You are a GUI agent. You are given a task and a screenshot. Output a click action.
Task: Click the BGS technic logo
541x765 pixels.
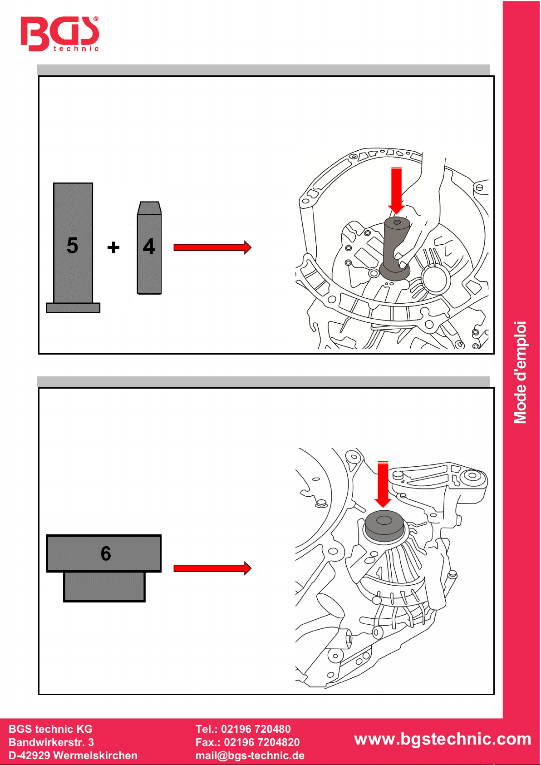[59, 34]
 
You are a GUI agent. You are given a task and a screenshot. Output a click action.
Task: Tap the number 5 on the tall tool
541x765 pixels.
[72, 245]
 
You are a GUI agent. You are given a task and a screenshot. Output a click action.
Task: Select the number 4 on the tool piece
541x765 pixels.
[149, 247]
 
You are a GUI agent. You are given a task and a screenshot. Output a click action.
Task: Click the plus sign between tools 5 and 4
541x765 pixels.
[113, 247]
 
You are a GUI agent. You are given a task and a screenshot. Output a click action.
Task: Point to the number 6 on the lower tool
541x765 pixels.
[106, 553]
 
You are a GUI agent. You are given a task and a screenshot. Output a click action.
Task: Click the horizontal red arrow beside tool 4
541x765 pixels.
[212, 247]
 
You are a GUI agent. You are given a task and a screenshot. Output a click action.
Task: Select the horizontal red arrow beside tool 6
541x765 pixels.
[212, 568]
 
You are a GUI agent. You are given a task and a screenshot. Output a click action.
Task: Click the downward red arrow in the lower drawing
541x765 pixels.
[383, 484]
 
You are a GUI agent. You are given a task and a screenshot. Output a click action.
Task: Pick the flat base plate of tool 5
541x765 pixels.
[73, 308]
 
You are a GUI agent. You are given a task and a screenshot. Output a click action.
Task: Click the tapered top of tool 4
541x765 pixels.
[149, 208]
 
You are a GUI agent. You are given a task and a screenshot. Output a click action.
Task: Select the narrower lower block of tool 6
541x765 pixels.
[104, 587]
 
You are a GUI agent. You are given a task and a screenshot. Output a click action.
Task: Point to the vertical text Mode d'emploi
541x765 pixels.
[520, 372]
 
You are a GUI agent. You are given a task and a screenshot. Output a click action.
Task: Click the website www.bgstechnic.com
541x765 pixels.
[443, 739]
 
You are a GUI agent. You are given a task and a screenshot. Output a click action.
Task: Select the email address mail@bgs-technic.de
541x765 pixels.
[250, 755]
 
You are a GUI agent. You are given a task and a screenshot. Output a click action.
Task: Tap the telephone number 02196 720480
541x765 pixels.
[256, 729]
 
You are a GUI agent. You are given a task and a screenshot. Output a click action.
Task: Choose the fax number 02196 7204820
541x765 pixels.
[261, 742]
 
